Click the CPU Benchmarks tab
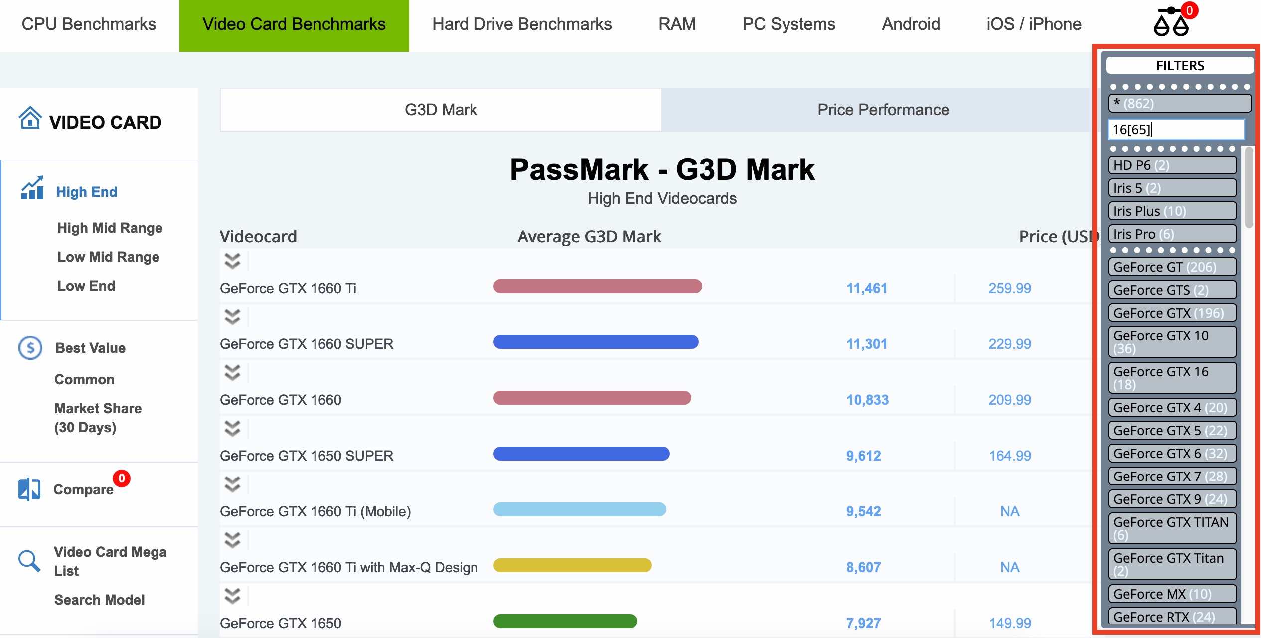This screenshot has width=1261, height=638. tap(89, 24)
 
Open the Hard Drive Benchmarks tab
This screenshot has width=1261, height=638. tap(522, 24)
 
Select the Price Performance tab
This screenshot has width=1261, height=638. tap(883, 110)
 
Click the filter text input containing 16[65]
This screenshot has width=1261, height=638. tap(1176, 129)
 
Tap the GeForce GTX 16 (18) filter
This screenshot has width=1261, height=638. tap(1172, 378)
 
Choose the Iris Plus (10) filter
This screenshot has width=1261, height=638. tap(1172, 211)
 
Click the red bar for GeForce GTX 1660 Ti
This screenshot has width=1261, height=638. tap(598, 286)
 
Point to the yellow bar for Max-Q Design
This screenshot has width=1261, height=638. tap(573, 565)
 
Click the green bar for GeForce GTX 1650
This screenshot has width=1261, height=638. tap(565, 621)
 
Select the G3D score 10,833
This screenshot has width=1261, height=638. tap(867, 400)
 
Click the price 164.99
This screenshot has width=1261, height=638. tap(1010, 456)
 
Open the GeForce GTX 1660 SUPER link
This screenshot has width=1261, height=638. tap(307, 344)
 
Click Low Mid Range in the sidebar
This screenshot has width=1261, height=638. tap(108, 257)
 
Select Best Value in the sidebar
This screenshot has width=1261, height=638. tap(90, 348)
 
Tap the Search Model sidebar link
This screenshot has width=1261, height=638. tap(100, 600)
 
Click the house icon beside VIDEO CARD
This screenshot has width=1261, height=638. tap(30, 118)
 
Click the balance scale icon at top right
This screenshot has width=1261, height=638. tap(1171, 22)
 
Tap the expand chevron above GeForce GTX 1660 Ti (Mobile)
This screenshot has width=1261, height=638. tap(232, 484)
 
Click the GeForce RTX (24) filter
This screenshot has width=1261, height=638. tap(1172, 617)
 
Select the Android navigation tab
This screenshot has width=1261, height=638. tap(911, 24)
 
